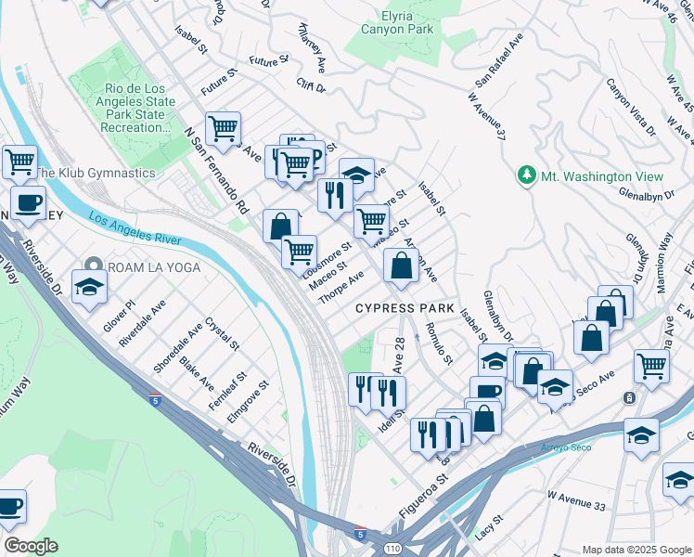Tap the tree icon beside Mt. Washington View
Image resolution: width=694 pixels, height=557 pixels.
[x=526, y=175]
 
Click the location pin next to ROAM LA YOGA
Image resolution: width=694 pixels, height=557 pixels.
[x=91, y=266]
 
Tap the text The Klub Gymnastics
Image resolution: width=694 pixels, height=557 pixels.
[x=95, y=173]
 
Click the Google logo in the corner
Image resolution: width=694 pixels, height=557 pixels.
[x=31, y=546]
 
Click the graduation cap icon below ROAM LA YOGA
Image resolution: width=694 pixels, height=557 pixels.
[x=89, y=289]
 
